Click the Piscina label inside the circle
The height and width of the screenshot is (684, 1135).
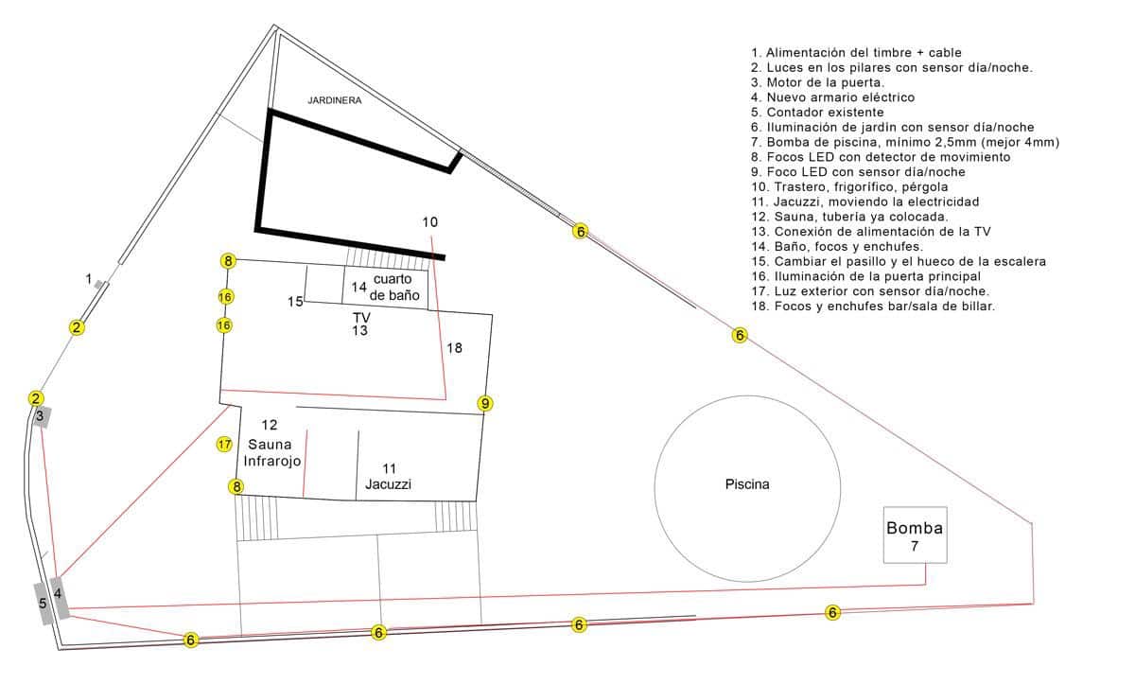pyautogui.click(x=747, y=484)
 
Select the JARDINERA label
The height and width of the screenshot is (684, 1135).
pyautogui.click(x=335, y=99)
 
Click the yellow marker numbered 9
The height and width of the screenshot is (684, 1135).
pyautogui.click(x=485, y=403)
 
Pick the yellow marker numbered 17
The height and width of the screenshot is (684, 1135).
pyautogui.click(x=224, y=444)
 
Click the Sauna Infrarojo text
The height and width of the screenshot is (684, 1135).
pyautogui.click(x=271, y=452)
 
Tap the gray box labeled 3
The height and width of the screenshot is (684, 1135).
pyautogui.click(x=41, y=416)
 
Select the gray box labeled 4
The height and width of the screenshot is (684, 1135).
pyautogui.click(x=59, y=596)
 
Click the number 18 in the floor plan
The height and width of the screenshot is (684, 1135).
pyautogui.click(x=455, y=348)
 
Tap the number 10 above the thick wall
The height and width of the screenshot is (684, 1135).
pyautogui.click(x=430, y=222)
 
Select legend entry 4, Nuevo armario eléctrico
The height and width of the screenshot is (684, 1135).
pyautogui.click(x=832, y=96)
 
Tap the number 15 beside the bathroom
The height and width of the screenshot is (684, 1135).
pyautogui.click(x=295, y=301)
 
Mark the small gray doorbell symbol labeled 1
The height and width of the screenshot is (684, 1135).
pyautogui.click(x=99, y=284)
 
